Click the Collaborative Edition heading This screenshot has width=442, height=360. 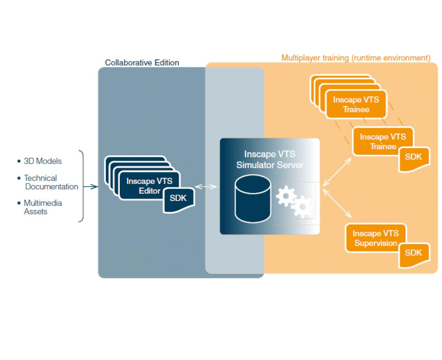[x=142, y=62]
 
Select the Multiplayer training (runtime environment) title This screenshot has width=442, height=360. [x=356, y=58]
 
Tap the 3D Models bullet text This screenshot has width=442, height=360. [x=43, y=161]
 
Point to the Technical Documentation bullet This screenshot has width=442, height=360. [x=51, y=182]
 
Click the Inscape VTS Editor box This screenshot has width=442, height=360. [x=149, y=185]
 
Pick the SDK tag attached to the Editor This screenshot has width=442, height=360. [x=178, y=199]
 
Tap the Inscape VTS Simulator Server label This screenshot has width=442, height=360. [x=269, y=159]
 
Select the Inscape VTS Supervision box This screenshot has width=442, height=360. [x=375, y=238]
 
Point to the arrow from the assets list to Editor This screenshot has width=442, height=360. [x=90, y=187]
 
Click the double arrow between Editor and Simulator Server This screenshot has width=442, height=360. [x=206, y=187]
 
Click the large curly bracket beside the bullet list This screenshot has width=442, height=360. [x=81, y=186]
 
